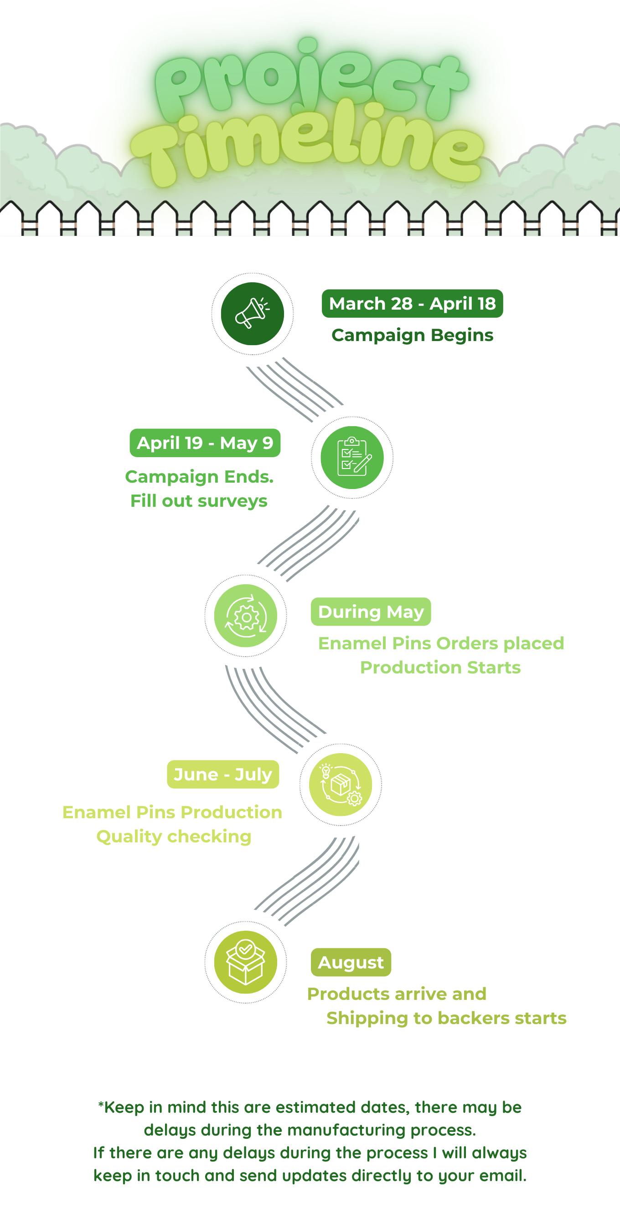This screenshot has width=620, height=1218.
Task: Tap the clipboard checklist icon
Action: tap(351, 457)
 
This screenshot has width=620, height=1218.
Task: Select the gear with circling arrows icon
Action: tap(246, 616)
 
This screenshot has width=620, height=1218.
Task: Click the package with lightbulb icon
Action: tap(340, 785)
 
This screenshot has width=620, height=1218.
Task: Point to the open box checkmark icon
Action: tap(246, 962)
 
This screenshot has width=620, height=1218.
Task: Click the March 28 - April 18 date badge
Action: tap(412, 304)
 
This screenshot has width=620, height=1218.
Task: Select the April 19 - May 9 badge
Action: tap(205, 443)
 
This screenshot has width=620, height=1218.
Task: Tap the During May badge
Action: tap(371, 612)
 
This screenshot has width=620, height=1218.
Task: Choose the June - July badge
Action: tap(223, 775)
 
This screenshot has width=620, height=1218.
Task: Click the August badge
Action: tap(351, 962)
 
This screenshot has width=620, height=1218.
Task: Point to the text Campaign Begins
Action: tap(412, 335)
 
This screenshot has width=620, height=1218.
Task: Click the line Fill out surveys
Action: tap(199, 501)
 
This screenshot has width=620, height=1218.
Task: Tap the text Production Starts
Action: tap(440, 667)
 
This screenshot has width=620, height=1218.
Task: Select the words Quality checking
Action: tap(174, 836)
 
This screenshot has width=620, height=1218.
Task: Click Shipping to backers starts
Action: tap(446, 1018)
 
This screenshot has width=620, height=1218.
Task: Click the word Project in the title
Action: tap(310, 78)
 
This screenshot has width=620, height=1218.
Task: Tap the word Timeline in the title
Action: tap(308, 147)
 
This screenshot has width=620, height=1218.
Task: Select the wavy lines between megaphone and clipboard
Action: tap(294, 389)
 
